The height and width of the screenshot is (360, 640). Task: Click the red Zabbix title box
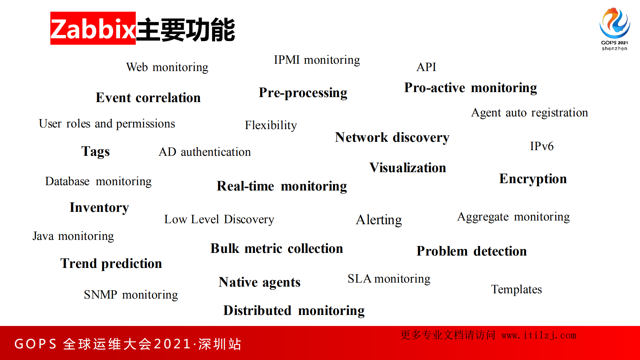click(x=93, y=28)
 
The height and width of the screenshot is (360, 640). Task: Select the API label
click(x=426, y=67)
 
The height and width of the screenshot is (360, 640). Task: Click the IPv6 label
click(x=542, y=146)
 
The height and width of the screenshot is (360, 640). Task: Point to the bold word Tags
click(x=95, y=151)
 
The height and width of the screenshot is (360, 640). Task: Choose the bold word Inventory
click(x=99, y=208)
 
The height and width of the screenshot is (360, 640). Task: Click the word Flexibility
click(x=270, y=125)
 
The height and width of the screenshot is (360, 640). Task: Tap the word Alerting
click(x=379, y=220)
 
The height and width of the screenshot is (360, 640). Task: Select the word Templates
click(x=516, y=289)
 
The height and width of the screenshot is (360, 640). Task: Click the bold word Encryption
click(x=533, y=179)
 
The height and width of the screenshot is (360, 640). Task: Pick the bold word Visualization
click(x=408, y=167)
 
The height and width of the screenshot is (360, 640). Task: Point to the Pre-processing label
click(x=303, y=93)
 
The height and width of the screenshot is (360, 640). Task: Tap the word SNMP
click(x=100, y=295)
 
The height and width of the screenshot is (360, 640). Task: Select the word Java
click(x=43, y=236)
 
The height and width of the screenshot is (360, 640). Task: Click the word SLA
click(x=359, y=279)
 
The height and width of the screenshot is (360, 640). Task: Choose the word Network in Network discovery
click(x=361, y=137)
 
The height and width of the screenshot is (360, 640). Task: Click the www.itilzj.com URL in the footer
click(x=539, y=335)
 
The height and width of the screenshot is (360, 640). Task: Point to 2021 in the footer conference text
click(x=172, y=344)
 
